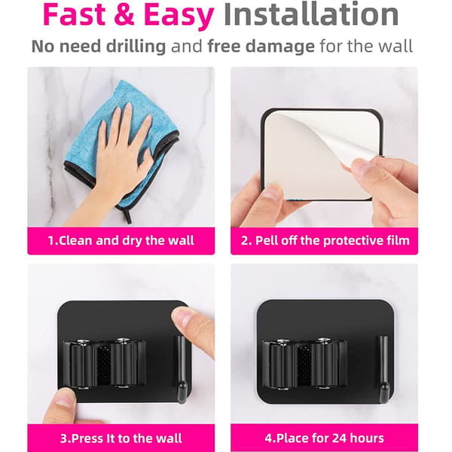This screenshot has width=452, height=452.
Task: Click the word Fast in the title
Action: pos(75,14)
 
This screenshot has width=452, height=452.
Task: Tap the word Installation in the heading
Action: pos(311,14)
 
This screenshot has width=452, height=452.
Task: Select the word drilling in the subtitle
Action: pos(136,46)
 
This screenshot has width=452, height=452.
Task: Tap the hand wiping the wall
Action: pos(121,161)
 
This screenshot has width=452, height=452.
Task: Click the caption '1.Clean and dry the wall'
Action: pos(121,241)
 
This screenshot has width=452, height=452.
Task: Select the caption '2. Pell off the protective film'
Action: pos(325,241)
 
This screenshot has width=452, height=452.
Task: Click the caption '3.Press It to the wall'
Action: pos(121,438)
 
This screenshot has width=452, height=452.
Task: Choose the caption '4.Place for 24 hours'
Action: pos(324,438)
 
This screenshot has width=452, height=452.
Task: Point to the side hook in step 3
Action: pos(182,369)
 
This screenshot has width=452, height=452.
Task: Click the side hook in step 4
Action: pos(383,369)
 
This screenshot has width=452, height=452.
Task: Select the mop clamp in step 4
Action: pos(304,365)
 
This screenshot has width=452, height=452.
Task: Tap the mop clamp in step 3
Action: pos(105,364)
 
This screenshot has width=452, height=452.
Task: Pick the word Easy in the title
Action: pos(179,17)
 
